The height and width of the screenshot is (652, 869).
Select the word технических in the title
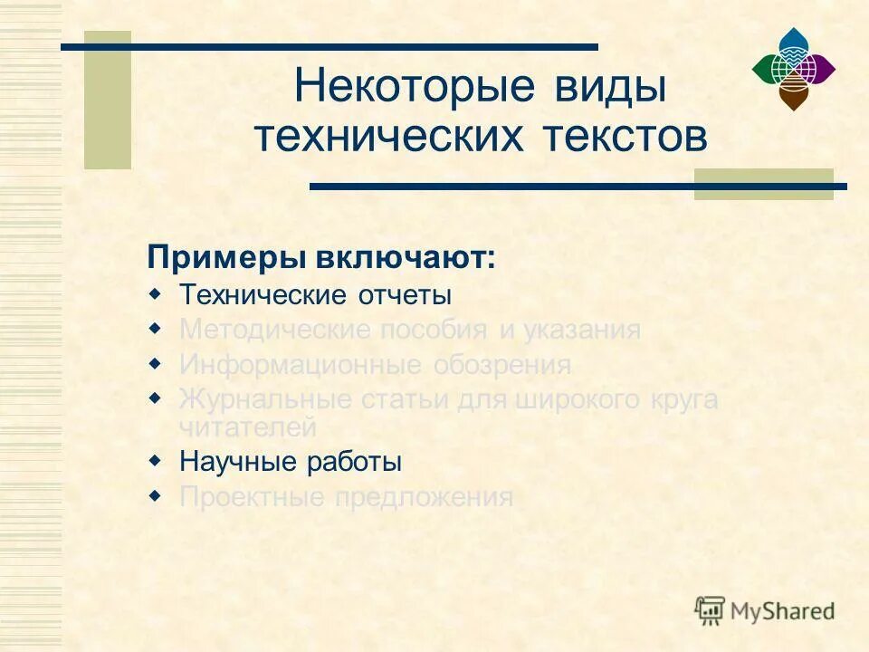coord(388,137)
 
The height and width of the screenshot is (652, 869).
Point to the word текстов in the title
coord(625,137)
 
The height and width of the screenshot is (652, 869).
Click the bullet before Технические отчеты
coord(155,293)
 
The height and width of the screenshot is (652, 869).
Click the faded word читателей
coord(247,426)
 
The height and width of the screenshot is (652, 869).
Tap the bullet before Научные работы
coord(155,460)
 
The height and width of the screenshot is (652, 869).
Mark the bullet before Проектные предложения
coord(155,495)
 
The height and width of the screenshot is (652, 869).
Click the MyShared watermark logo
coord(765,610)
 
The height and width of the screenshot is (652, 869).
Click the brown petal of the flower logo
coord(793,93)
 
